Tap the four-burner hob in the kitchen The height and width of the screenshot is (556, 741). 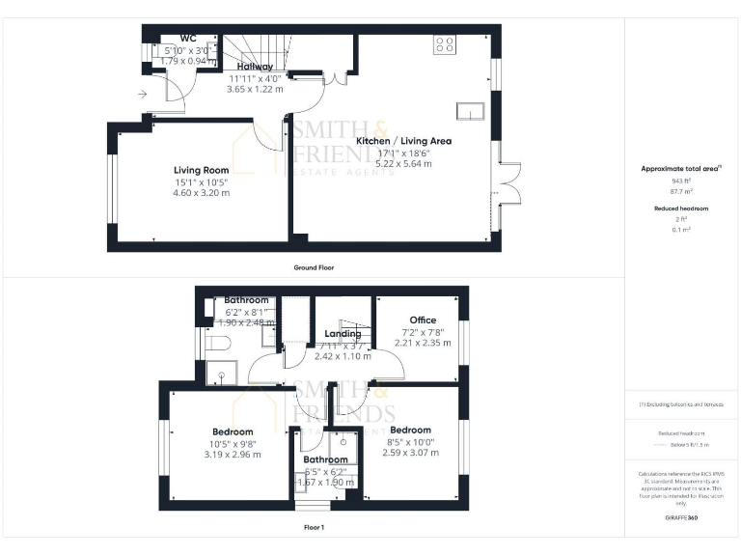[x=446, y=43]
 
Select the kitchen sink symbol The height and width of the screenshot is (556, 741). [x=470, y=112]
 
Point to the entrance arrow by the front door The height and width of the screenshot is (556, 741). [x=143, y=94]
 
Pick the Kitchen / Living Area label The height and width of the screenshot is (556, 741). [x=404, y=141]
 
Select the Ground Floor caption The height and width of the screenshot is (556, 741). [x=314, y=267]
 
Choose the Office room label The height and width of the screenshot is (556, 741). [x=423, y=320]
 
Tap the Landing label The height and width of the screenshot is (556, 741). [x=343, y=334]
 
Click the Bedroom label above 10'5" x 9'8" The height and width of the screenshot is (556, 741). [x=233, y=431]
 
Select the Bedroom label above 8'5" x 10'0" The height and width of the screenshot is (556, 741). [x=410, y=430]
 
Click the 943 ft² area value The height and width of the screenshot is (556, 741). [x=681, y=181]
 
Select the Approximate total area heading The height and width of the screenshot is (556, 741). [x=680, y=169]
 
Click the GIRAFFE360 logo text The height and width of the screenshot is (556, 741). [x=681, y=519]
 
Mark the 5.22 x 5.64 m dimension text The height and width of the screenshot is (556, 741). [x=404, y=163]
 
